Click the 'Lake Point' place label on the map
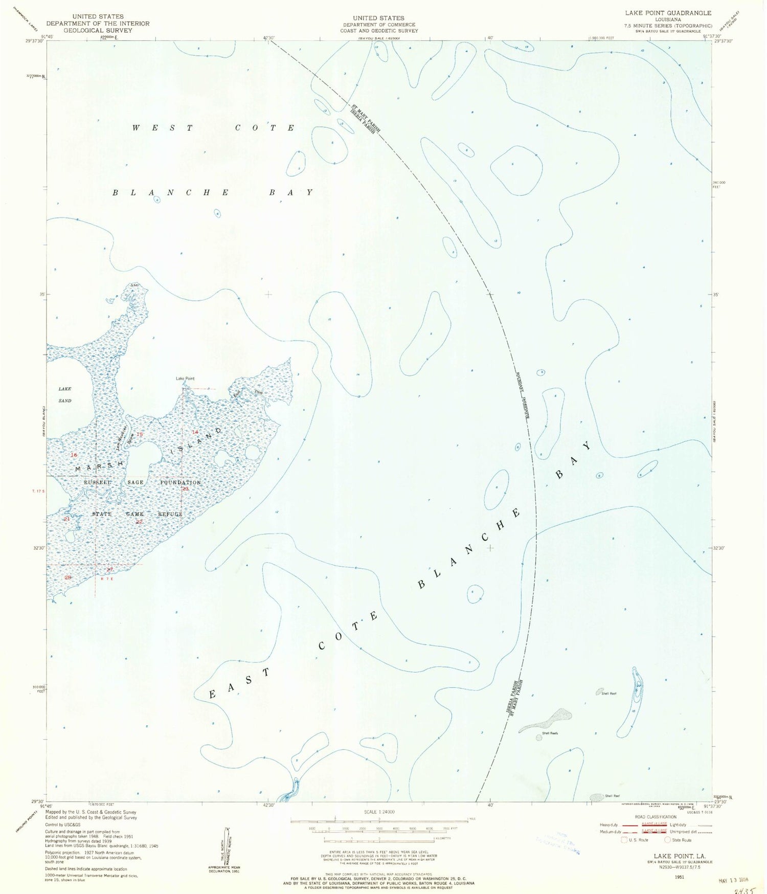pyautogui.click(x=185, y=378)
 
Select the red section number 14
pyautogui.click(x=195, y=432)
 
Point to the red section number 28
pyautogui.click(x=69, y=577)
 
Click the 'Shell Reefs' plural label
pyautogui.click(x=550, y=733)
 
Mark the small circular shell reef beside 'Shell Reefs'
pyautogui.click(x=539, y=737)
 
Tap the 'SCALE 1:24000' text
pyautogui.click(x=379, y=812)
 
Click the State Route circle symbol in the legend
pyautogui.click(x=667, y=840)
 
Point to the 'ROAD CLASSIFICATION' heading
pyautogui.click(x=656, y=817)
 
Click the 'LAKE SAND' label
pyautogui.click(x=65, y=394)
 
